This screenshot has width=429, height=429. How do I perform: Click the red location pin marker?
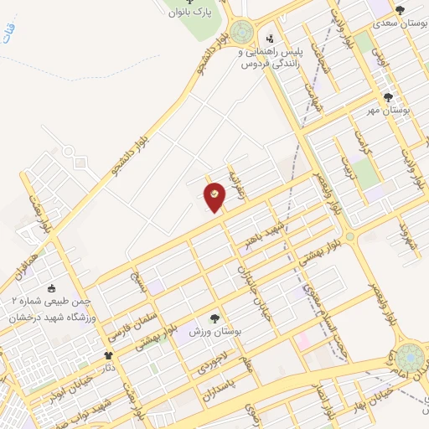(x=214, y=195)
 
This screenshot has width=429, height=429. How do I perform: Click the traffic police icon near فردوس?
(x=269, y=38)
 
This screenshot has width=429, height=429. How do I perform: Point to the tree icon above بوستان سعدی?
(x=398, y=10)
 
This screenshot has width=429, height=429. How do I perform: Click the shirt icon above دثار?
(x=108, y=356)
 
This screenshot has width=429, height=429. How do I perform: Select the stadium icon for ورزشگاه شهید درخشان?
(x=52, y=288)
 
